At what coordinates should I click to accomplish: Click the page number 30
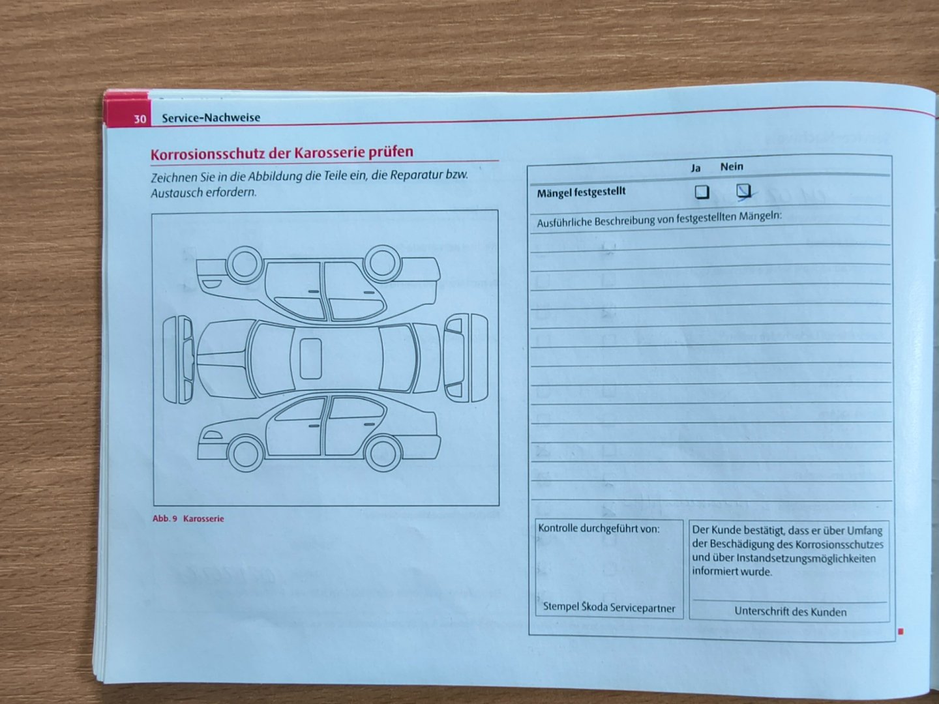[x=140, y=119]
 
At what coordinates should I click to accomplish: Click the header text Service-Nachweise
[x=211, y=117]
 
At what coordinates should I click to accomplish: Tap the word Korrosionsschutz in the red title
[x=208, y=154]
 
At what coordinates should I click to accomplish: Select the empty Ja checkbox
[x=702, y=192]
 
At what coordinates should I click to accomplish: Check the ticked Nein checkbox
[x=744, y=190]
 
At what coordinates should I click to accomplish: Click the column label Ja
[x=696, y=168]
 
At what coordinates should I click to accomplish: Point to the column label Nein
[x=732, y=166]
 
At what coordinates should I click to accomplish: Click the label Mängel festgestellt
[x=581, y=192]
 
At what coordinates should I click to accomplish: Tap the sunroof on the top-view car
[x=310, y=359]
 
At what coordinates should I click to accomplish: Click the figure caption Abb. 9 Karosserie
[x=188, y=519]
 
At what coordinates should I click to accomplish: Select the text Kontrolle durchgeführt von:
[x=599, y=529]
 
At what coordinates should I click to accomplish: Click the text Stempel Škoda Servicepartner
[x=609, y=608]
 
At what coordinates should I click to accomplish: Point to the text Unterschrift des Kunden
[x=790, y=611]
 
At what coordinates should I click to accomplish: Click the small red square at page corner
[x=901, y=632]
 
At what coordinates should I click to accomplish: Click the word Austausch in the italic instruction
[x=176, y=193]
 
